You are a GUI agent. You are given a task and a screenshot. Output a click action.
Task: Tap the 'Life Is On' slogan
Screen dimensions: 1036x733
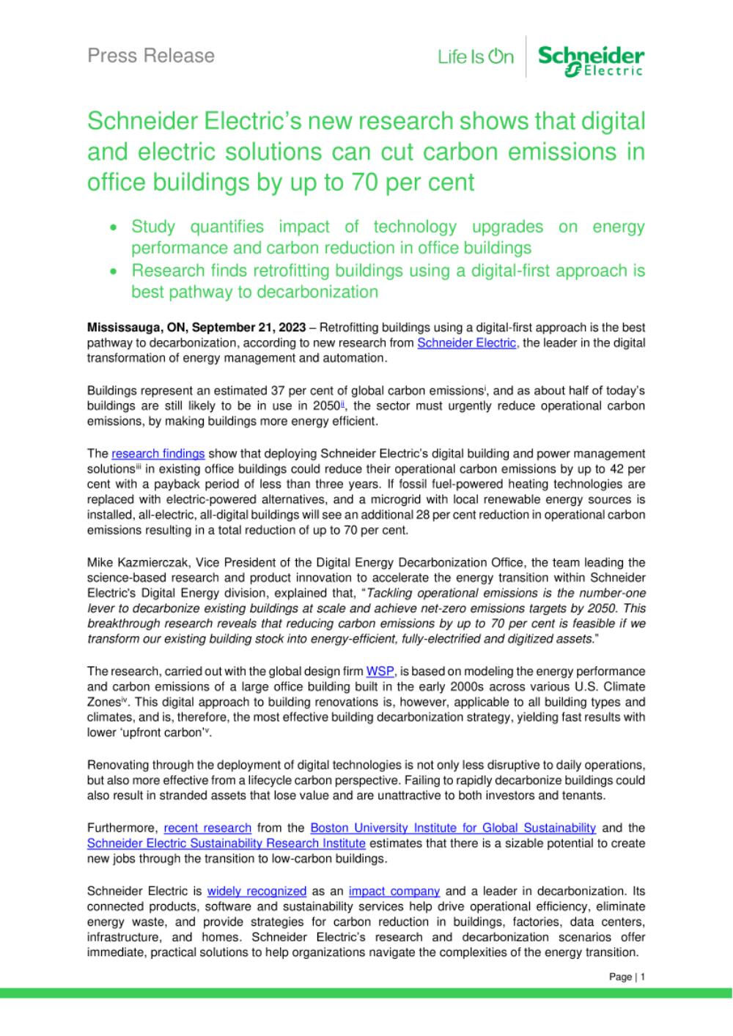coord(476,56)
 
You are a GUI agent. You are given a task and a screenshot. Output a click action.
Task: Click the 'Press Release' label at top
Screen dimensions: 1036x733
coord(151,56)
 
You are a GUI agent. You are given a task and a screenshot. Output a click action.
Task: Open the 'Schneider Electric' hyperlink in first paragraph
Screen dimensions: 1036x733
coord(466,343)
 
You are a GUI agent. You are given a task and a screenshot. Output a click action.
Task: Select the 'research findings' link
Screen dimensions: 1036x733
coord(158,454)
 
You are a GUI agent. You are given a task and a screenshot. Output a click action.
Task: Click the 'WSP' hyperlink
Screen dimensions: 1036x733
coord(380,671)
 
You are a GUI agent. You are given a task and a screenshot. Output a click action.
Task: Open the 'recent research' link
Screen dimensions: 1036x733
coord(207,828)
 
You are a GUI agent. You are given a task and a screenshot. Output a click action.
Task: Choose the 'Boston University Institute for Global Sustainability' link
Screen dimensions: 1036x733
coord(453,828)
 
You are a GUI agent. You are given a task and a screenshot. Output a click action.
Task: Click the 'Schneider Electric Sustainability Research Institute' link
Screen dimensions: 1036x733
coord(226,843)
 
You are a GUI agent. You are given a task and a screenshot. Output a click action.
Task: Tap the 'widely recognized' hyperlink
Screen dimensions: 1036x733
coord(257,891)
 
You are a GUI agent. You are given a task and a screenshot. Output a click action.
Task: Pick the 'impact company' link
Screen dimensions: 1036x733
coord(394,891)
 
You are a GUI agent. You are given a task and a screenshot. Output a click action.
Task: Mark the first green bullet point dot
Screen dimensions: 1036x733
coord(113,228)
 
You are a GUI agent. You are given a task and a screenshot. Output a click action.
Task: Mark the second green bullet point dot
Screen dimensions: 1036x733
coord(113,271)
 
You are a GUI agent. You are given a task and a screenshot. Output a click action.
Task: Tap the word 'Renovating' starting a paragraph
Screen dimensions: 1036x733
coord(118,765)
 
